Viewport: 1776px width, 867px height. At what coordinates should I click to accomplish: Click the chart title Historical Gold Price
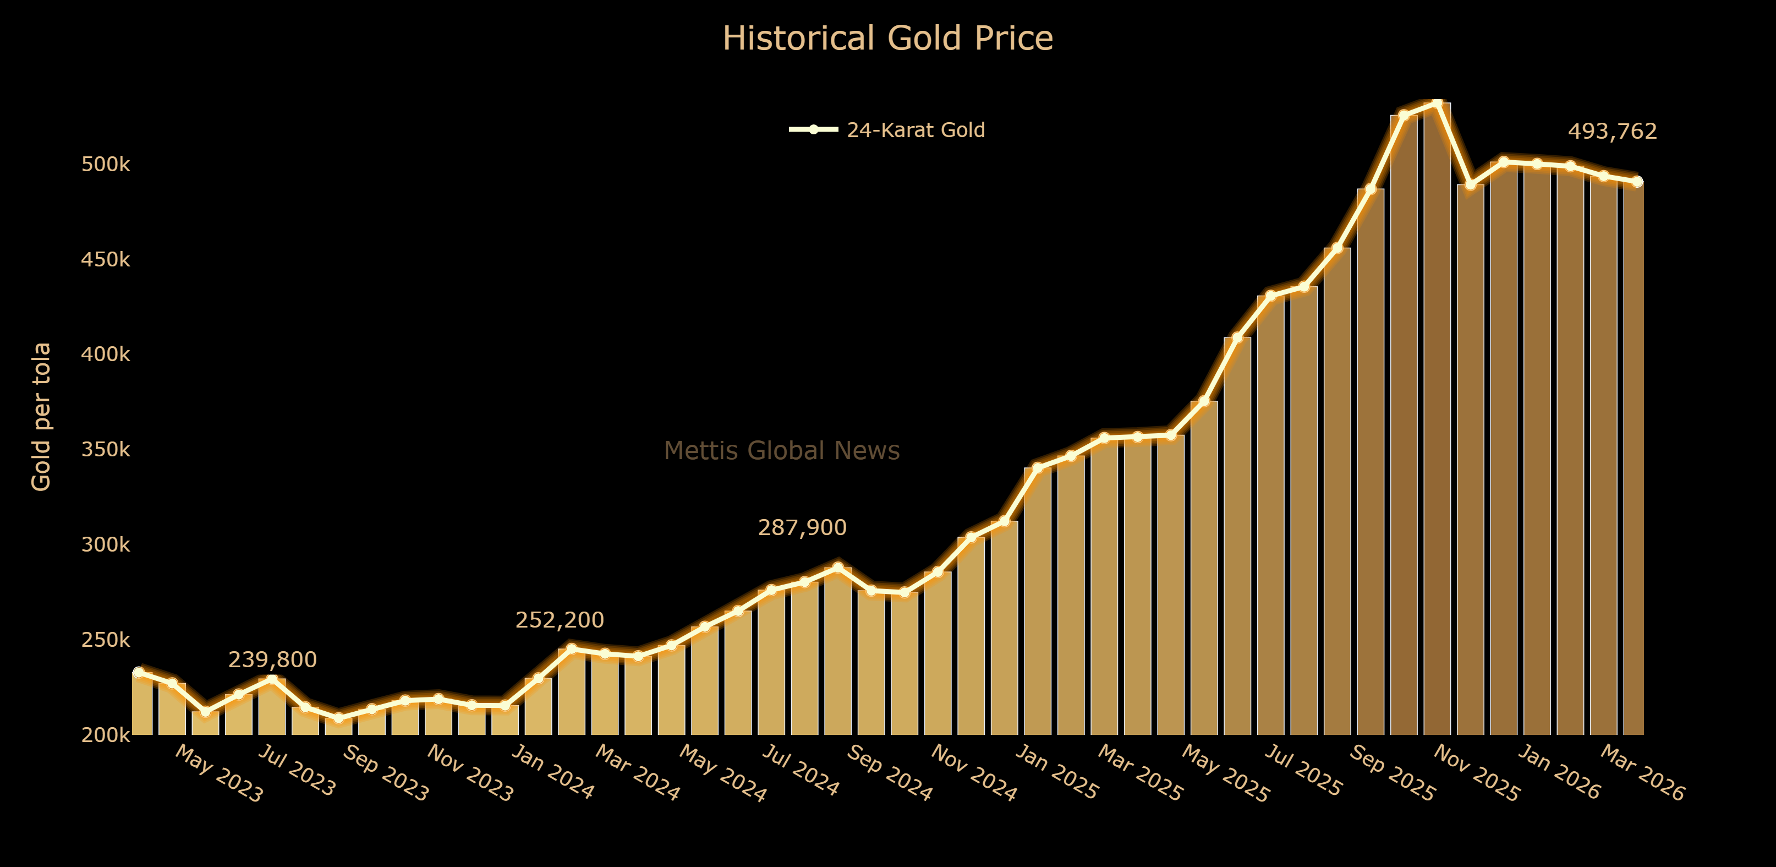coord(887,39)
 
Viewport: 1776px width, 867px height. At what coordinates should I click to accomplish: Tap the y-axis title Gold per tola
coord(41,417)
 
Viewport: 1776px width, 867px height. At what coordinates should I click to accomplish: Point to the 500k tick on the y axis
coord(106,165)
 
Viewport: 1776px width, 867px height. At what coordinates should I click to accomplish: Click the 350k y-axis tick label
coord(106,450)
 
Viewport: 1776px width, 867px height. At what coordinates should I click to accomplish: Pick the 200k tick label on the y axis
coord(106,735)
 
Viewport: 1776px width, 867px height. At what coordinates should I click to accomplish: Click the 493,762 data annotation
coord(1612,131)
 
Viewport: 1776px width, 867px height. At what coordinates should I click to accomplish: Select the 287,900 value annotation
coord(802,528)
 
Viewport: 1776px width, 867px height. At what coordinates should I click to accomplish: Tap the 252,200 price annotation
coord(559,620)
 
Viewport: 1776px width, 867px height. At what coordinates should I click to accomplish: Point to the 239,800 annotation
coord(272,660)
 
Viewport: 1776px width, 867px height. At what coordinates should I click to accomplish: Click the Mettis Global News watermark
coord(781,450)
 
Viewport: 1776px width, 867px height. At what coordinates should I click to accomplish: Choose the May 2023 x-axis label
coord(218,774)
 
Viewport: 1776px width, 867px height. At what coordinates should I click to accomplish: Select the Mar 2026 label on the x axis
coord(1642,773)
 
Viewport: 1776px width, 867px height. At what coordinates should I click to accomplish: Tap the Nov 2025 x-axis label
coord(1476,773)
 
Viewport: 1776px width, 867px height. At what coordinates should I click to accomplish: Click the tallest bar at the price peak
coord(1437,414)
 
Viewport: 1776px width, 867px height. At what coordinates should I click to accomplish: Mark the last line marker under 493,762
coord(1637,182)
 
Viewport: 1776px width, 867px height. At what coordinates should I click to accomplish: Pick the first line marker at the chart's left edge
coord(139,672)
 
